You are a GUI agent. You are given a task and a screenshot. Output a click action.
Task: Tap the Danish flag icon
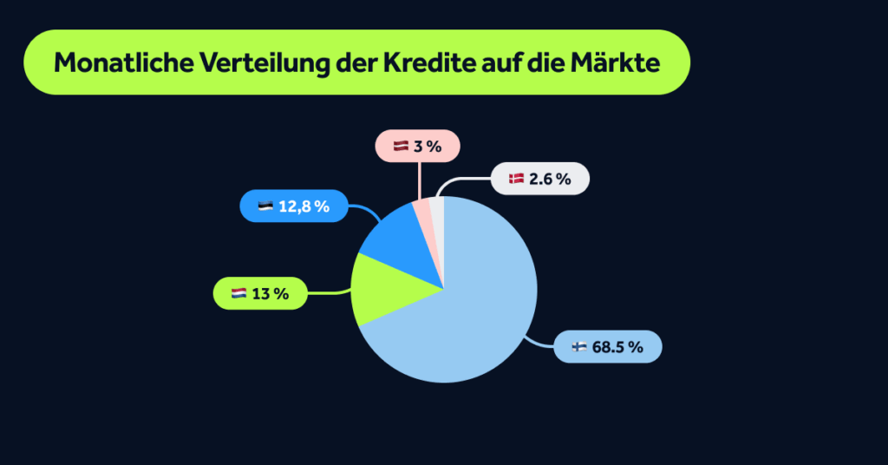[x=516, y=180]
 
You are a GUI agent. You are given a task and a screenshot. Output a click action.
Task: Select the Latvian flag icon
[x=401, y=147]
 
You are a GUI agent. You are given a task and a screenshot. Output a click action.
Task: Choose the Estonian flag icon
[x=265, y=206]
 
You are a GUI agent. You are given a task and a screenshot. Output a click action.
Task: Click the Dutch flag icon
[x=238, y=294]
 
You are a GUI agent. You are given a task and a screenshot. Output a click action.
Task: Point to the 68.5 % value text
[x=617, y=347]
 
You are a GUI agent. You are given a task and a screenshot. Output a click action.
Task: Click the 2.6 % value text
[x=550, y=180]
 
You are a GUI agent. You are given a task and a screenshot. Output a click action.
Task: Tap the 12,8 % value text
[x=304, y=206]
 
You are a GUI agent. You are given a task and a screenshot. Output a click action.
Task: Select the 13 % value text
[x=270, y=294]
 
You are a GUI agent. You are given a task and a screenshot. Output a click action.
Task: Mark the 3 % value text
[x=428, y=147]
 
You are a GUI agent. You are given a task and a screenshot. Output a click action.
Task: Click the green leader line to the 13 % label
[x=330, y=293]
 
